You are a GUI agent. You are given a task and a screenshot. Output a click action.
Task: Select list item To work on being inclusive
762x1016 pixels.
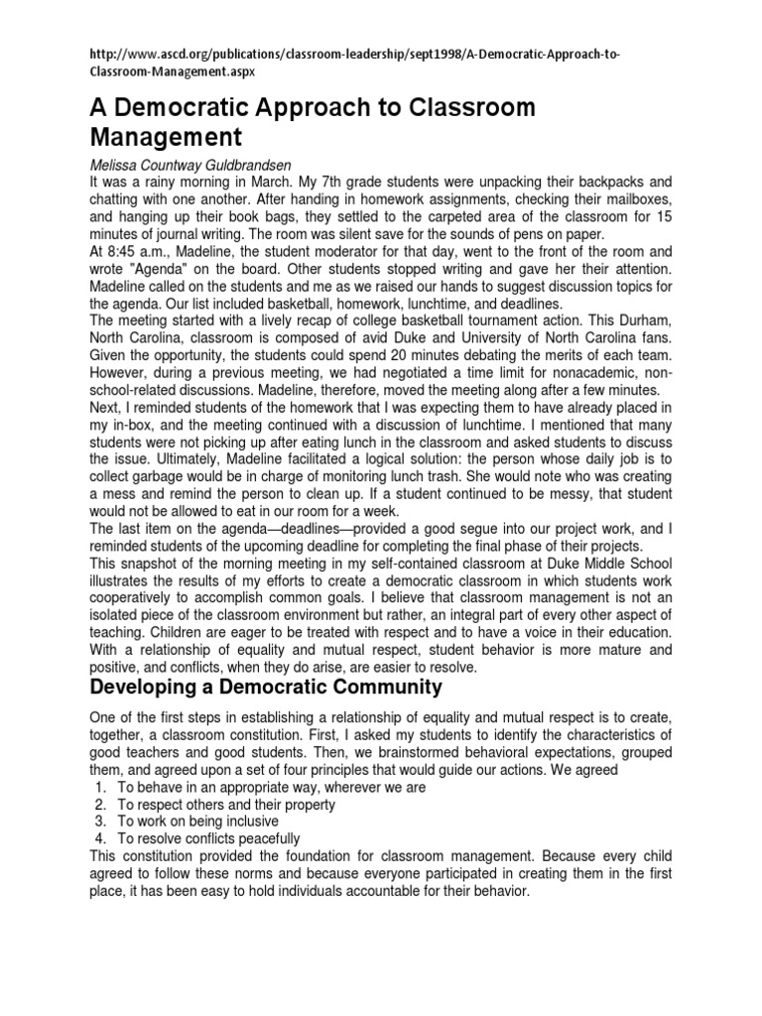tap(197, 822)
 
